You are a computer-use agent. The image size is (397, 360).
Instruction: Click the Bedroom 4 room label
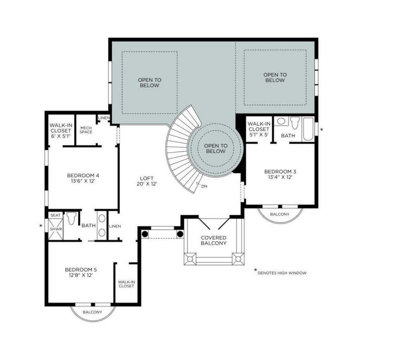point(81,175)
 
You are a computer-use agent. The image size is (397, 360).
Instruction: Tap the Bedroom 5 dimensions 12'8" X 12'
point(81,275)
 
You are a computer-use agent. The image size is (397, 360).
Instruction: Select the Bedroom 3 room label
point(280,172)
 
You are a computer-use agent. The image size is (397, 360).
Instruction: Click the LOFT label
point(147,178)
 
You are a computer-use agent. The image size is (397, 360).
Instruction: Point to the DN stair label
point(204,186)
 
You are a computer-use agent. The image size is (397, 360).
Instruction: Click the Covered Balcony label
point(213,240)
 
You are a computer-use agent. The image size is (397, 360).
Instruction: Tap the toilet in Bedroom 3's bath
point(294,123)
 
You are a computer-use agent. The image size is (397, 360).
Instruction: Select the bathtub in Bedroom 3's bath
point(308,129)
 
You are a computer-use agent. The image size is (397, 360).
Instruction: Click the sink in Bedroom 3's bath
point(281,121)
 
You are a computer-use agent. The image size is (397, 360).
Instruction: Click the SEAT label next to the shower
point(55,215)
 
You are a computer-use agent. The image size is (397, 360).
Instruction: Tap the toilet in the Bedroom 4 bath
point(71,218)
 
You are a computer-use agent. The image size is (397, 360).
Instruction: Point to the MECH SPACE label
point(86,130)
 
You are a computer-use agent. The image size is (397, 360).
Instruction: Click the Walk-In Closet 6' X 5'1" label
point(60,130)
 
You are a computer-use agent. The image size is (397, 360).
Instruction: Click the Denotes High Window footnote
point(282,273)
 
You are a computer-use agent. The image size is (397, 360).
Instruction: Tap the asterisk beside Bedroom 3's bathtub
point(321,130)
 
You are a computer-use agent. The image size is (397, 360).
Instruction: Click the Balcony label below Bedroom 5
point(92,312)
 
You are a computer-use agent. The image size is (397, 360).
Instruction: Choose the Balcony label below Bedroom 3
point(280,214)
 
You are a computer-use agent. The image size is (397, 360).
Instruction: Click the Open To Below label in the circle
point(216,148)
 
